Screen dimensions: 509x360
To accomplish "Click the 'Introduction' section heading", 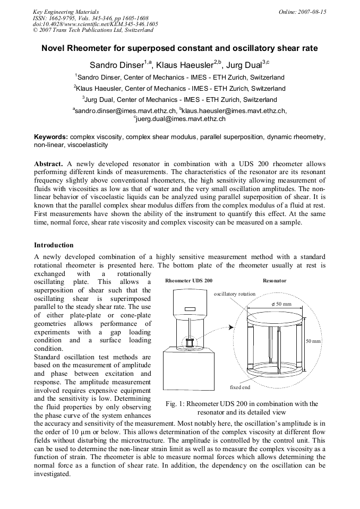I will pyautogui.click(x=54, y=245).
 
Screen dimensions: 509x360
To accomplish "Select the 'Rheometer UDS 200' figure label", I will pyautogui.click(x=189, y=280).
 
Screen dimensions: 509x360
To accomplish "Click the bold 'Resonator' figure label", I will pyautogui.click(x=275, y=280).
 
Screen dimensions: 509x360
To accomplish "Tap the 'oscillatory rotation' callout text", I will pyautogui.click(x=234, y=294).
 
